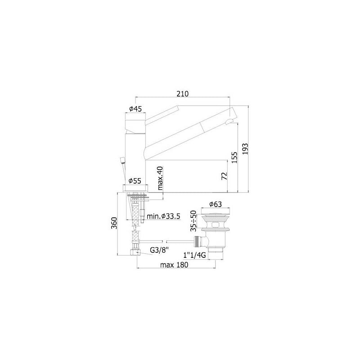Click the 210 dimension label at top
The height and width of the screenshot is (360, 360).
(183, 94)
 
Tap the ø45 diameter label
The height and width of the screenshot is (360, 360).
(135, 109)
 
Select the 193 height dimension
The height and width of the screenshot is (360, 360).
(245, 149)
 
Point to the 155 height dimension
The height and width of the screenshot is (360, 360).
(234, 157)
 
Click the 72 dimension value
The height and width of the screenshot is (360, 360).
(224, 176)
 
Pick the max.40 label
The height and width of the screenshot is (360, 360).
(160, 178)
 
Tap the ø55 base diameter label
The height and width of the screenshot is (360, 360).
(135, 181)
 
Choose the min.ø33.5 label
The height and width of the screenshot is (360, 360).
(163, 216)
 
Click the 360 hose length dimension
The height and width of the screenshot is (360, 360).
(114, 223)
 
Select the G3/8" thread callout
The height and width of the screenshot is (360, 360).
(159, 250)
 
